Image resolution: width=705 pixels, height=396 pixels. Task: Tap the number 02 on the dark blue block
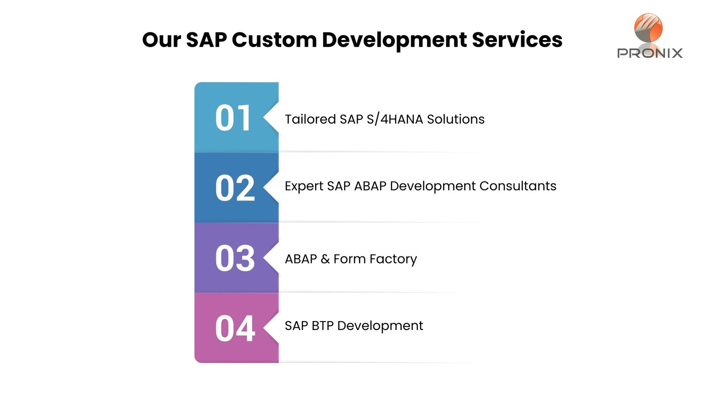[x=235, y=188]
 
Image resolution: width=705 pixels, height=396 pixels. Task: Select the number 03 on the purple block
[x=235, y=258]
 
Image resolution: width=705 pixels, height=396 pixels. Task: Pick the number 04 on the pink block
[x=235, y=328]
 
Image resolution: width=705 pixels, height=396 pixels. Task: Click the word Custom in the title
[x=274, y=40]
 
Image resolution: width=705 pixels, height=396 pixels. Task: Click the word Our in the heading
[x=161, y=40]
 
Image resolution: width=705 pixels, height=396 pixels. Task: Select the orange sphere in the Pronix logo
[x=648, y=27]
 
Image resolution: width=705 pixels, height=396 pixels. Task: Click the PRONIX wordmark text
[x=649, y=53]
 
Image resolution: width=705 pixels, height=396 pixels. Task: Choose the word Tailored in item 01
[x=310, y=119]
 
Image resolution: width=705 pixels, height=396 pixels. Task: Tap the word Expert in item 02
[x=304, y=186]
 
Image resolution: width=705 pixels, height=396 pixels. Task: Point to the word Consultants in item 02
[x=518, y=186]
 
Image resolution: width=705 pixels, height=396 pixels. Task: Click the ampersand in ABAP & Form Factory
[x=325, y=259]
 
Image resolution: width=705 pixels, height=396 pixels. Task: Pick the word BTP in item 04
[x=323, y=326]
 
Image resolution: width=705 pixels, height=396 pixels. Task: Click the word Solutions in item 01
[x=456, y=119]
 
